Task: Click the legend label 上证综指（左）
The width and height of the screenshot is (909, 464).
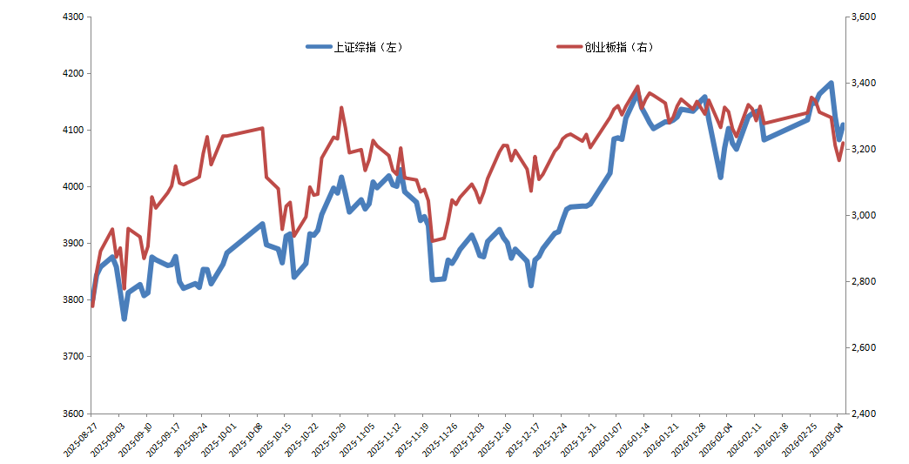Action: tap(368, 47)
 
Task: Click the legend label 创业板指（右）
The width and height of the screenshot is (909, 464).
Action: tap(619, 47)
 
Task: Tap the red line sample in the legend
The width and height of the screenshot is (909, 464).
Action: tap(569, 47)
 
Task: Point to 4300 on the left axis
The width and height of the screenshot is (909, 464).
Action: tap(72, 17)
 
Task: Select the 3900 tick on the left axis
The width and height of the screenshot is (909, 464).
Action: tap(72, 244)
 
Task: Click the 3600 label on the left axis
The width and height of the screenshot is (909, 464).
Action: tap(72, 414)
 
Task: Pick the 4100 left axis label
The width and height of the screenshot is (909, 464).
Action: tap(72, 131)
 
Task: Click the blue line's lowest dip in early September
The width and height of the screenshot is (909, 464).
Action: tap(125, 319)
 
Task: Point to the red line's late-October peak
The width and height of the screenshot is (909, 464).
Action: tap(341, 108)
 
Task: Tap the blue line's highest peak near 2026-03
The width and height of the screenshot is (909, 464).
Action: tap(832, 84)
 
